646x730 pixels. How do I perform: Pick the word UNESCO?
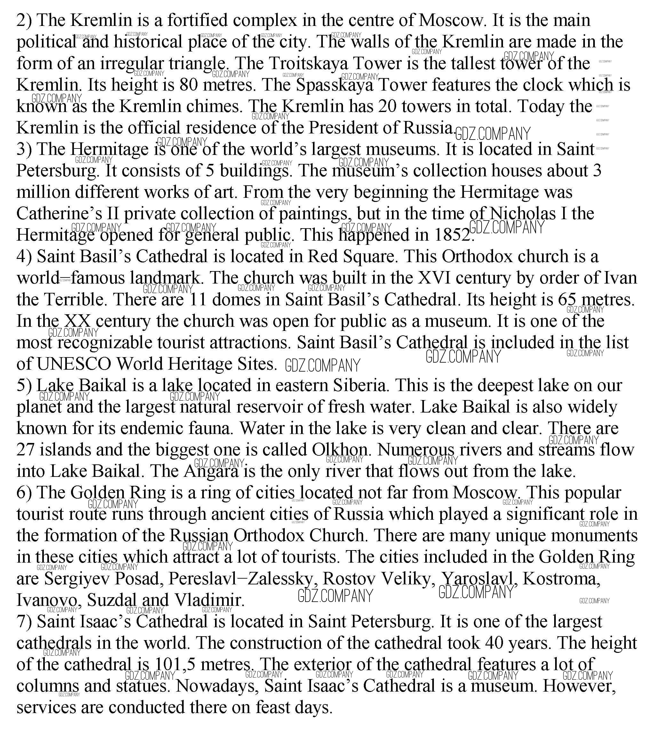[74, 364]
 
